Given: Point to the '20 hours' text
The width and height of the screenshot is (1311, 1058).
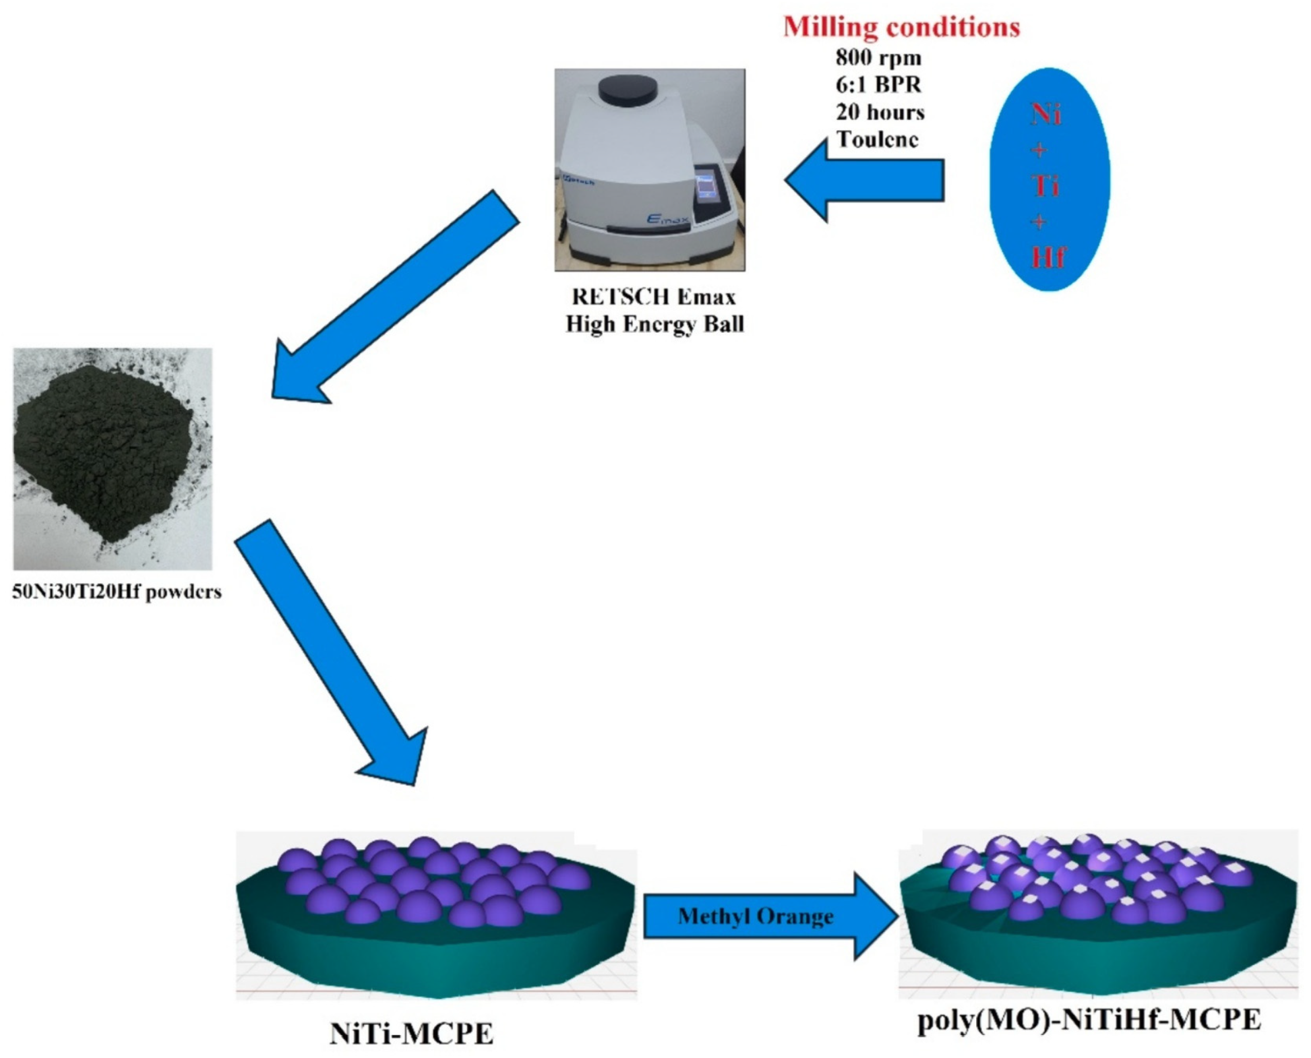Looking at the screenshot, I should pos(880,112).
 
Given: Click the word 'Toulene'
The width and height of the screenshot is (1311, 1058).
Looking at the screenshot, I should pos(877,139).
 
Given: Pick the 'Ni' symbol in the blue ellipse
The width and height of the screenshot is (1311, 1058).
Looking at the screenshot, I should pos(1046,114).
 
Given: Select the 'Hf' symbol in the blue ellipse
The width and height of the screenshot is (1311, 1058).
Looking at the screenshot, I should pos(1047,258).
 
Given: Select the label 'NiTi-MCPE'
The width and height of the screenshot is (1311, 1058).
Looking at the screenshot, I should pos(411,1034).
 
